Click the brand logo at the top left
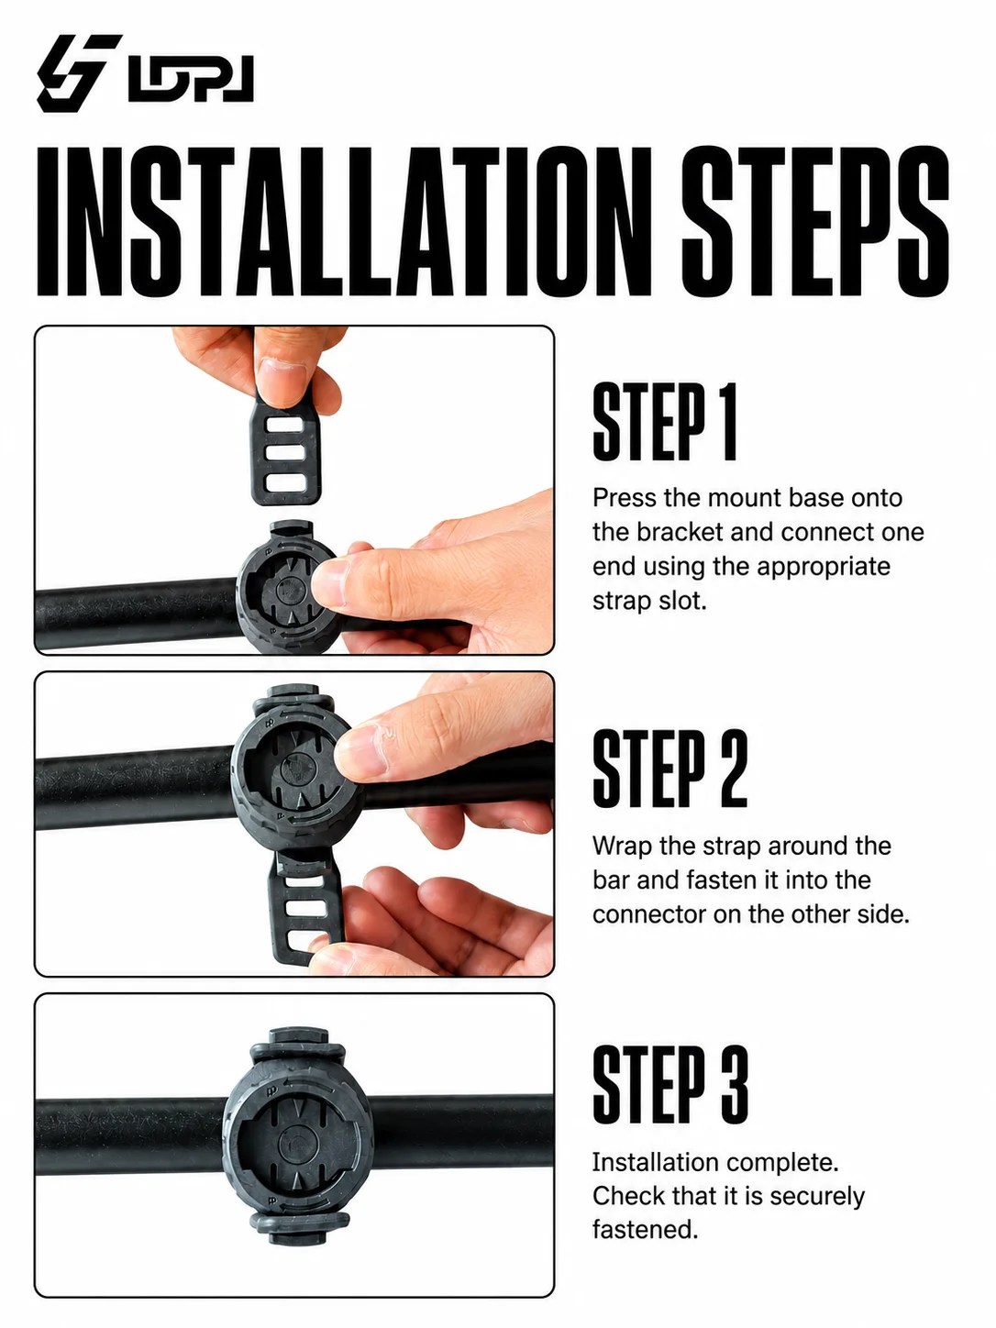coord(145,73)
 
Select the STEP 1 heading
coord(665,422)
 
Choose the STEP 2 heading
coord(670,769)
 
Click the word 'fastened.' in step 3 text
coord(646,1230)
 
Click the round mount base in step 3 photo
coord(297,1137)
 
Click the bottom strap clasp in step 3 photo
coord(300,1225)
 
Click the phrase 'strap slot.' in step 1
coord(649,602)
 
